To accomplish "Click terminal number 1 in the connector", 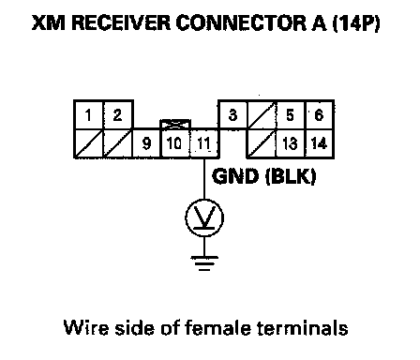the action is (89, 115).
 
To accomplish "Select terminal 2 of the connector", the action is (118, 115).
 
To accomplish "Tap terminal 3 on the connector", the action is (232, 114).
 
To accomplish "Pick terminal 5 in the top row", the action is (291, 114).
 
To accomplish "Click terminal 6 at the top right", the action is (319, 114).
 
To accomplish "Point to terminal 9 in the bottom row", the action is (146, 143).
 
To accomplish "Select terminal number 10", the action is (175, 143).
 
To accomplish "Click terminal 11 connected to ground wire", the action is (204, 143).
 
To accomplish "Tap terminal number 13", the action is (291, 143).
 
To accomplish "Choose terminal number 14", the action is (319, 143).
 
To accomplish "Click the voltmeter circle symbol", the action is (204, 217).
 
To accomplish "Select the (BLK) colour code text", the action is (291, 176).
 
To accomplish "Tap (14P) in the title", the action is (356, 22).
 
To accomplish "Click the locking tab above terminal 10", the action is (175, 124).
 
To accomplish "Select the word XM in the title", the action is (49, 22).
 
